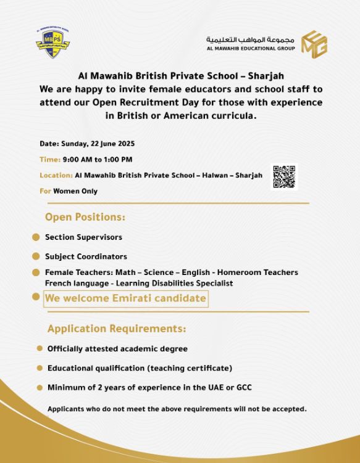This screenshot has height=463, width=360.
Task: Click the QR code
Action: click(x=283, y=177)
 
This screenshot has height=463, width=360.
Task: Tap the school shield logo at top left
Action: click(x=52, y=43)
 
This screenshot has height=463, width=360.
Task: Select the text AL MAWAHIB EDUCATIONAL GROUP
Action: click(x=251, y=49)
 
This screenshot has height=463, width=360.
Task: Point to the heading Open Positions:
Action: click(x=85, y=218)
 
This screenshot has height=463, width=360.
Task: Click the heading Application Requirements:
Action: click(x=117, y=329)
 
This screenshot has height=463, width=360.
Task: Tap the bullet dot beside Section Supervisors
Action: click(x=36, y=237)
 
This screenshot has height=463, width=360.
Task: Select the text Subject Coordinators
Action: click(x=86, y=256)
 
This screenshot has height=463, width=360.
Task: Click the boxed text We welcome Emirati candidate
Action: click(x=125, y=298)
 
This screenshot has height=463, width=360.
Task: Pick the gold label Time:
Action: click(x=50, y=160)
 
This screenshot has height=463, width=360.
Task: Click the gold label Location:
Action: click(x=56, y=176)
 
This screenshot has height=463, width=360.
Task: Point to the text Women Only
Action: click(x=75, y=192)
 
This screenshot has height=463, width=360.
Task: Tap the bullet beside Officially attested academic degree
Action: click(x=40, y=349)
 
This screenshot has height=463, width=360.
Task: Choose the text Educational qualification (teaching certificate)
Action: click(x=140, y=368)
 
